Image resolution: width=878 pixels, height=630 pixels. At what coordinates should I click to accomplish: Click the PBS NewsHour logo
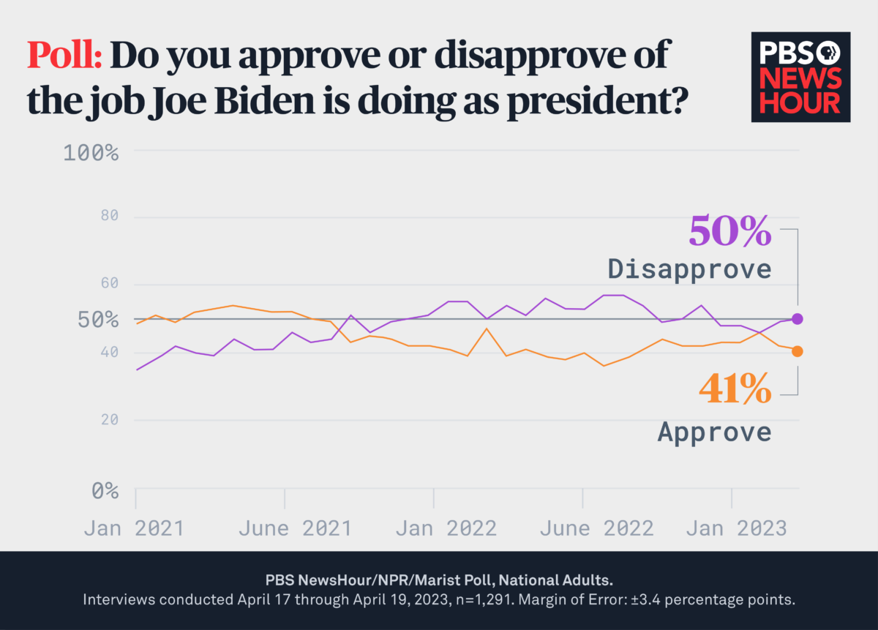pos(800,76)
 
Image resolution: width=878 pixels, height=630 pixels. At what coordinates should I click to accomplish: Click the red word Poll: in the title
pos(64,56)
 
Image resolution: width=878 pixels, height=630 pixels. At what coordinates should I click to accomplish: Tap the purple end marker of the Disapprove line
pos(798,319)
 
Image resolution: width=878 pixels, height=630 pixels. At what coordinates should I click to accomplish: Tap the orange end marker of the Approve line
pos(798,351)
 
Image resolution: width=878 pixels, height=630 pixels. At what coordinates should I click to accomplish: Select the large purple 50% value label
pos(729,231)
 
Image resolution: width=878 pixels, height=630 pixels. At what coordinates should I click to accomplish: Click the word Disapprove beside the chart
pos(689,269)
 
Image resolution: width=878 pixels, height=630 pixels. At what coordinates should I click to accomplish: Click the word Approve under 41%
pos(714,431)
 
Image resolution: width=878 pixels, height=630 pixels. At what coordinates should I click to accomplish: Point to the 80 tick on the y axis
pos(105,217)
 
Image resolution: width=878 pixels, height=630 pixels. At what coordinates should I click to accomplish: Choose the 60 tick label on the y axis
pos(105,284)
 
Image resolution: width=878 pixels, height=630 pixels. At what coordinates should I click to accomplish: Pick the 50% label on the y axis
pos(97,320)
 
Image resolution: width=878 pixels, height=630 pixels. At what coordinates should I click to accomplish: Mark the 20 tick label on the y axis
pos(105,420)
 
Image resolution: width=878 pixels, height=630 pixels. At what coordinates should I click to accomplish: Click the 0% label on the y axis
pos(105,490)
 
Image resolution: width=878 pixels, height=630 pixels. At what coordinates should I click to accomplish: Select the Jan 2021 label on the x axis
pos(134,528)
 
